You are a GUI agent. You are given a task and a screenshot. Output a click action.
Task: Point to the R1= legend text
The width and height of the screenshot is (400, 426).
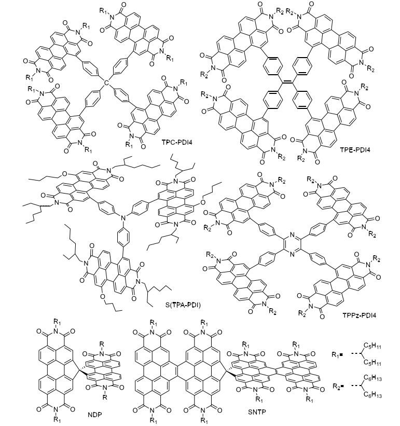pyautogui.click(x=338, y=355)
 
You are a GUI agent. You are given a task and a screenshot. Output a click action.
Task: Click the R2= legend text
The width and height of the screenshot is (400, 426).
pyautogui.click(x=338, y=389)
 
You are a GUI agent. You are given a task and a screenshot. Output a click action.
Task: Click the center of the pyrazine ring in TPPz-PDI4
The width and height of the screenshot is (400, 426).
pyautogui.click(x=292, y=244)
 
